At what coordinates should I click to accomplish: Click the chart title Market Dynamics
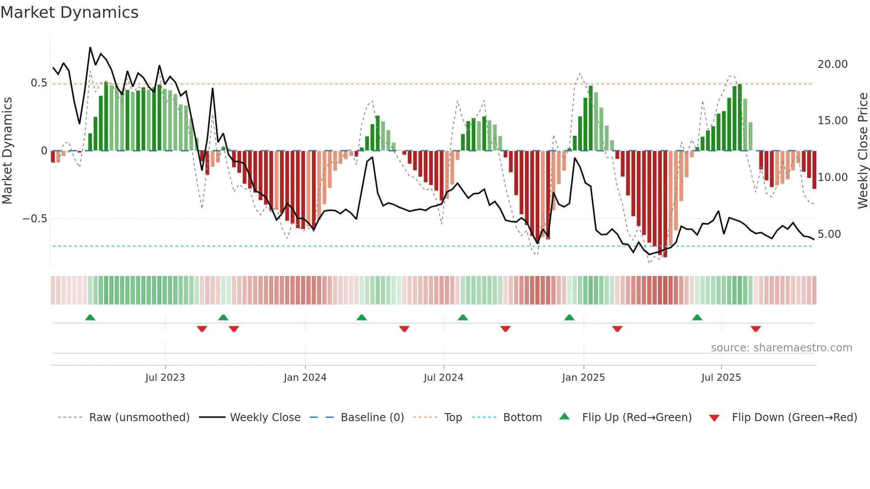69,12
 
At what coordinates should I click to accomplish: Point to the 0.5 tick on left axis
39,83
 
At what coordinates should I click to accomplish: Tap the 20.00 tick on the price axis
832,64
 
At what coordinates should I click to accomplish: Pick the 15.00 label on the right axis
832,121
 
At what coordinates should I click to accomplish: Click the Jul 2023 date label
165,378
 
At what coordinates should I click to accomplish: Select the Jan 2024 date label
305,378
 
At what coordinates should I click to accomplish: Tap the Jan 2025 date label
583,378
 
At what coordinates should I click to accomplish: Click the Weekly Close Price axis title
862,151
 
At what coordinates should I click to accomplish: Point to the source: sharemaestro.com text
781,348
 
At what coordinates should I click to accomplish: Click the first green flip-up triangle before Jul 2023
90,317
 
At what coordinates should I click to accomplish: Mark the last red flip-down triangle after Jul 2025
756,329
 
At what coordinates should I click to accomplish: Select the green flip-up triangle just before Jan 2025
569,317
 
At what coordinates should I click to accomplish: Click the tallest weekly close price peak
90,47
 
